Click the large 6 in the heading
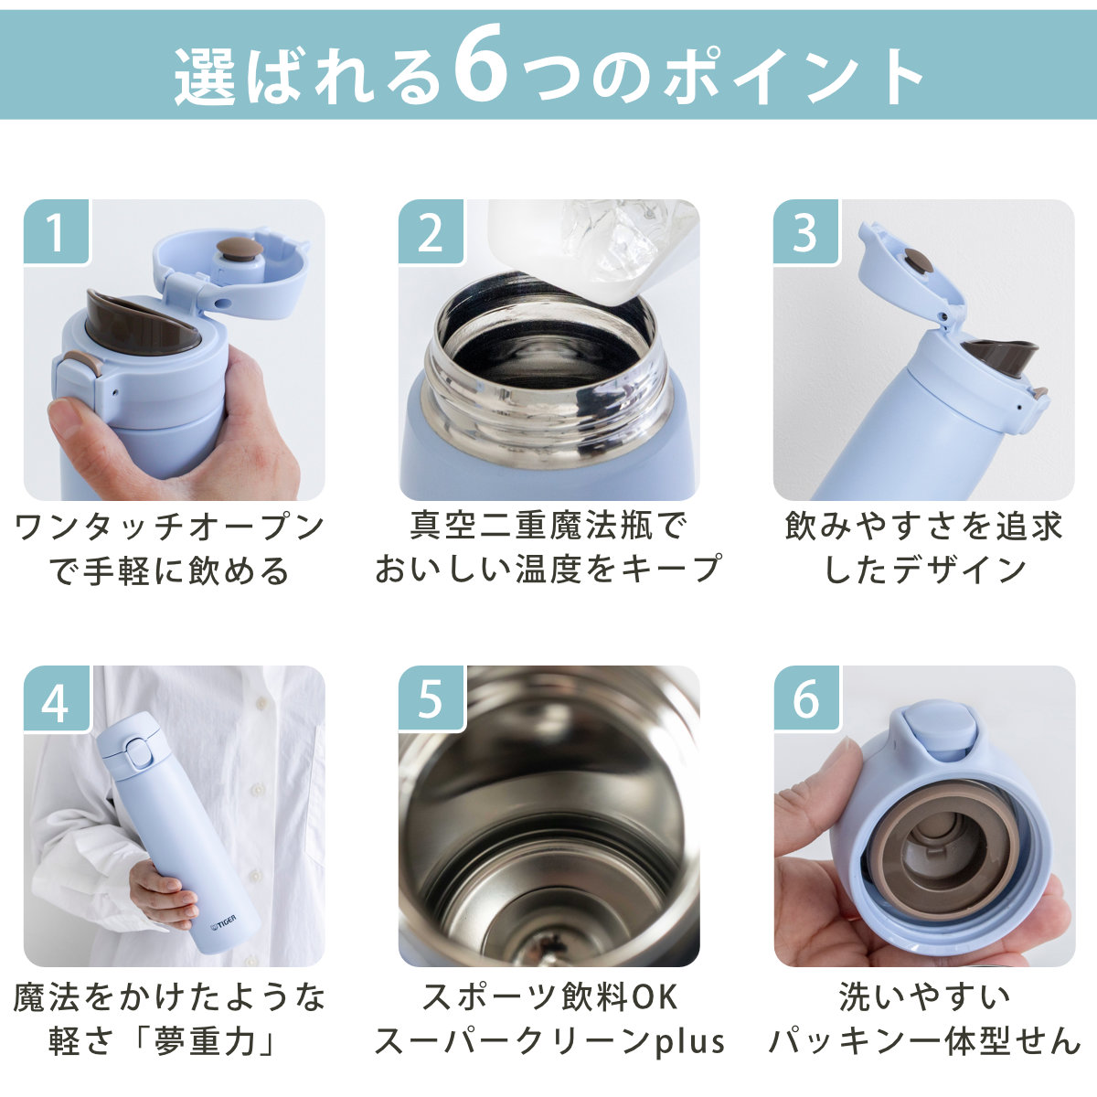(x=481, y=63)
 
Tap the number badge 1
(x=57, y=231)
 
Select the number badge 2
(x=431, y=231)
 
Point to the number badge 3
(x=805, y=231)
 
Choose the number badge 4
(x=57, y=698)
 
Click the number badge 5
(x=431, y=698)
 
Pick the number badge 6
(x=805, y=698)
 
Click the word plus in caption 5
(x=690, y=1041)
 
